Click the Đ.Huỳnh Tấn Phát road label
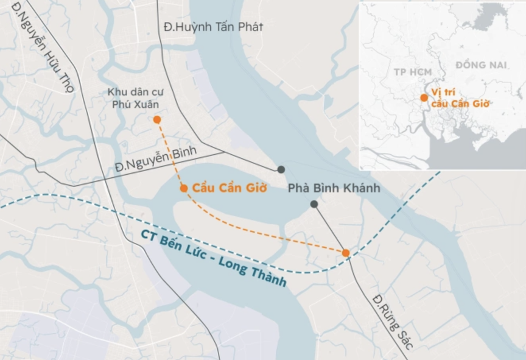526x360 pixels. point(214,27)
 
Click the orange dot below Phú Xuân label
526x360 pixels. point(157,120)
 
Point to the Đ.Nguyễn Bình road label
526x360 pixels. point(152,162)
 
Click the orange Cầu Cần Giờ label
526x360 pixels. point(230,188)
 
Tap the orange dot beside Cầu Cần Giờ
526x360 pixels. point(184,189)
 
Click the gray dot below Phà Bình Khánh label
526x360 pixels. point(314,205)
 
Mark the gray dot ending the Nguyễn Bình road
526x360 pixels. point(281,169)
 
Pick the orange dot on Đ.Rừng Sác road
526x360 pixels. point(346,253)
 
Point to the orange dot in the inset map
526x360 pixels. point(424,97)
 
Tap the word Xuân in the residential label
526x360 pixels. point(139,104)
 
